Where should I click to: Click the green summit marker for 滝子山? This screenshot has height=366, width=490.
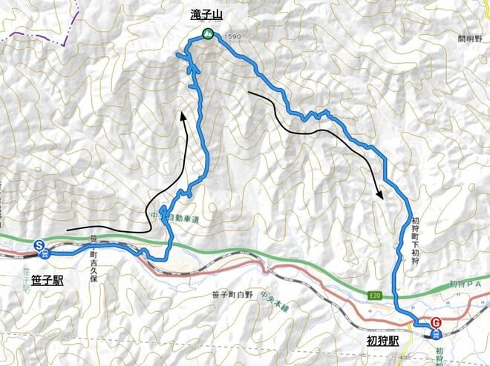pyautogui.click(x=207, y=33)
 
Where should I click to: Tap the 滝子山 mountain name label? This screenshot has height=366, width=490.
pyautogui.click(x=206, y=13)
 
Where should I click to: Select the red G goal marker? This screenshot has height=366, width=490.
pyautogui.click(x=436, y=322)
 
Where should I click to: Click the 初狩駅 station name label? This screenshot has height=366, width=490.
pyautogui.click(x=382, y=342)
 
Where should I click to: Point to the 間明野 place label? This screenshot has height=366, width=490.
pyautogui.click(x=471, y=39)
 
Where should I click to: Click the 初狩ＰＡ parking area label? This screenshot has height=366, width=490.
pyautogui.click(x=467, y=285)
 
